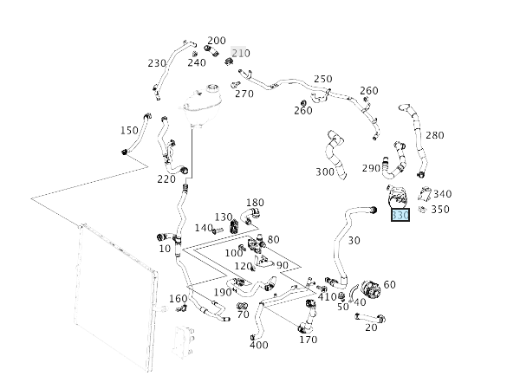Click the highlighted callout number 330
(x=400, y=215)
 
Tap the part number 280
(x=434, y=135)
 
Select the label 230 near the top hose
(x=157, y=63)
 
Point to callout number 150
(x=129, y=131)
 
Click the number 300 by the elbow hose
(x=325, y=172)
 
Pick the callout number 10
(x=165, y=249)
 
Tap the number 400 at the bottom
(x=258, y=346)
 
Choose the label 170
(x=308, y=340)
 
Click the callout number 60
(x=389, y=284)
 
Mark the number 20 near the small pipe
(x=371, y=327)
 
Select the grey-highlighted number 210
(x=240, y=54)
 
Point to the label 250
(x=323, y=79)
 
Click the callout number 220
(x=166, y=179)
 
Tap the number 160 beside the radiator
(x=178, y=299)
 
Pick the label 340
(x=442, y=194)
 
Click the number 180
(x=255, y=202)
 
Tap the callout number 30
(x=354, y=241)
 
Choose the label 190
(x=223, y=293)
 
